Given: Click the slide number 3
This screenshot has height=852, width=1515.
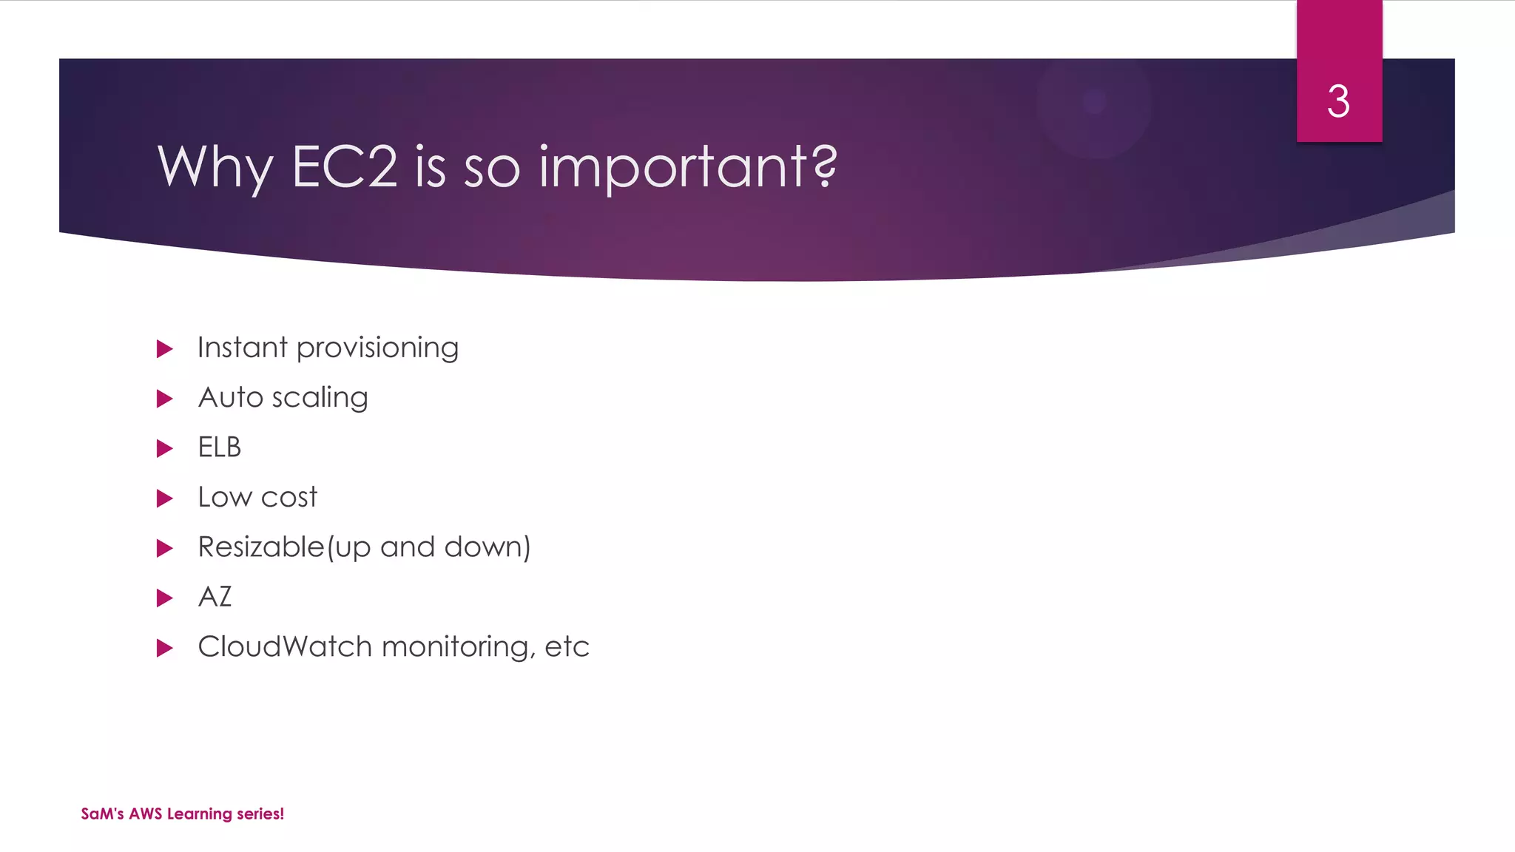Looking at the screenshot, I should (x=1338, y=101).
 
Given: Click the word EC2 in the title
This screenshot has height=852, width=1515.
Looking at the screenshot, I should (x=345, y=166).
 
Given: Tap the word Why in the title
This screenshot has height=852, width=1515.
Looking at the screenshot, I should (x=215, y=168).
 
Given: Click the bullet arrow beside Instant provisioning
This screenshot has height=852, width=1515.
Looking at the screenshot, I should (x=165, y=349).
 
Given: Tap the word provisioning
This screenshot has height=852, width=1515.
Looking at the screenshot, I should (x=377, y=348).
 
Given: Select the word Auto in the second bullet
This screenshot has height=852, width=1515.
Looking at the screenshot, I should (x=231, y=398).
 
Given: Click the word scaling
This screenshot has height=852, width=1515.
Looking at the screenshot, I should (x=320, y=399).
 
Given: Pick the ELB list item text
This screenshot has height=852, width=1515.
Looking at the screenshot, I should (x=220, y=447).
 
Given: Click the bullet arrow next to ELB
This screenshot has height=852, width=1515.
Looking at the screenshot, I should (x=165, y=449).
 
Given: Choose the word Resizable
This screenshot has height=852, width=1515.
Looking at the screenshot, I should (x=261, y=547).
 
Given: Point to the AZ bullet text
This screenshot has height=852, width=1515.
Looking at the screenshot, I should (x=215, y=597).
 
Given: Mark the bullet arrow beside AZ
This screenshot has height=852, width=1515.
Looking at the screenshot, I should (x=165, y=598).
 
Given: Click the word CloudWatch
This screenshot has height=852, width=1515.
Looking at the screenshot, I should (x=285, y=647).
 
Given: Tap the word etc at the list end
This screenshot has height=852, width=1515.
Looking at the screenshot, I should (x=567, y=647).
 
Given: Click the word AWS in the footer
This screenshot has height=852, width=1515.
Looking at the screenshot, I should (x=145, y=814).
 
